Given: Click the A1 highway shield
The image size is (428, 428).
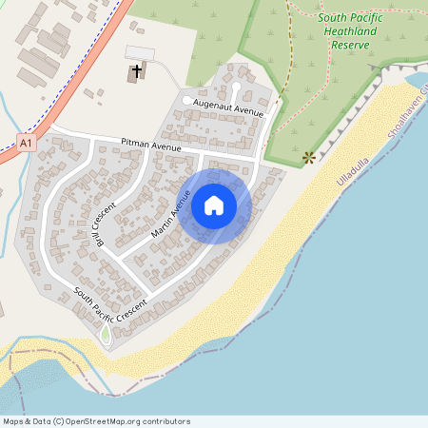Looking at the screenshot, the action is [x=28, y=143].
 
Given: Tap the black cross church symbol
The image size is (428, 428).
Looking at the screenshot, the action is [x=137, y=71].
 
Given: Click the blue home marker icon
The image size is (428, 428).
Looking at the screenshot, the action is [x=214, y=204].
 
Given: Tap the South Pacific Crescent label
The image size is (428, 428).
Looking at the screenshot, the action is [x=112, y=300].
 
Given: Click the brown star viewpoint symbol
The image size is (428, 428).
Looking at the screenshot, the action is [x=307, y=157].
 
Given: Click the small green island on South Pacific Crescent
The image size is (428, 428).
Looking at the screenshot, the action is [x=106, y=335].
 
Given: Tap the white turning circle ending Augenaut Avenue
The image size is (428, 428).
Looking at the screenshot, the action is [x=185, y=100].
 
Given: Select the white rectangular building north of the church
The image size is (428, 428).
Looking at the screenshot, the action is [x=139, y=51].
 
